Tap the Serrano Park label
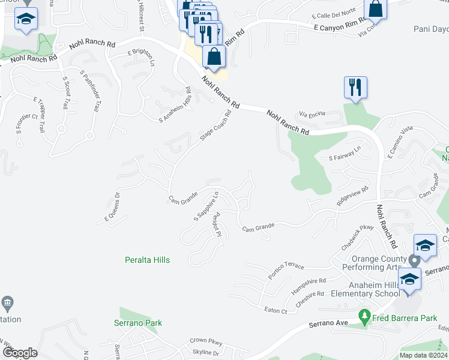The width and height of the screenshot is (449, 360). tap(138, 323)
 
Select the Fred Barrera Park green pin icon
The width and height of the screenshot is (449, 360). tap(363, 316)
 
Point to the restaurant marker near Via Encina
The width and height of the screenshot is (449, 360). tap(355, 87)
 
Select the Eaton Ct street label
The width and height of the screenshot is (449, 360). tap(276, 310)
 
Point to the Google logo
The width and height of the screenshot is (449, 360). tap(20, 352)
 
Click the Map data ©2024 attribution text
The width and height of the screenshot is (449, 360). tap(423, 355)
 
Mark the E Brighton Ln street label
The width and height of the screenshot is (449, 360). tap(140, 57)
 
